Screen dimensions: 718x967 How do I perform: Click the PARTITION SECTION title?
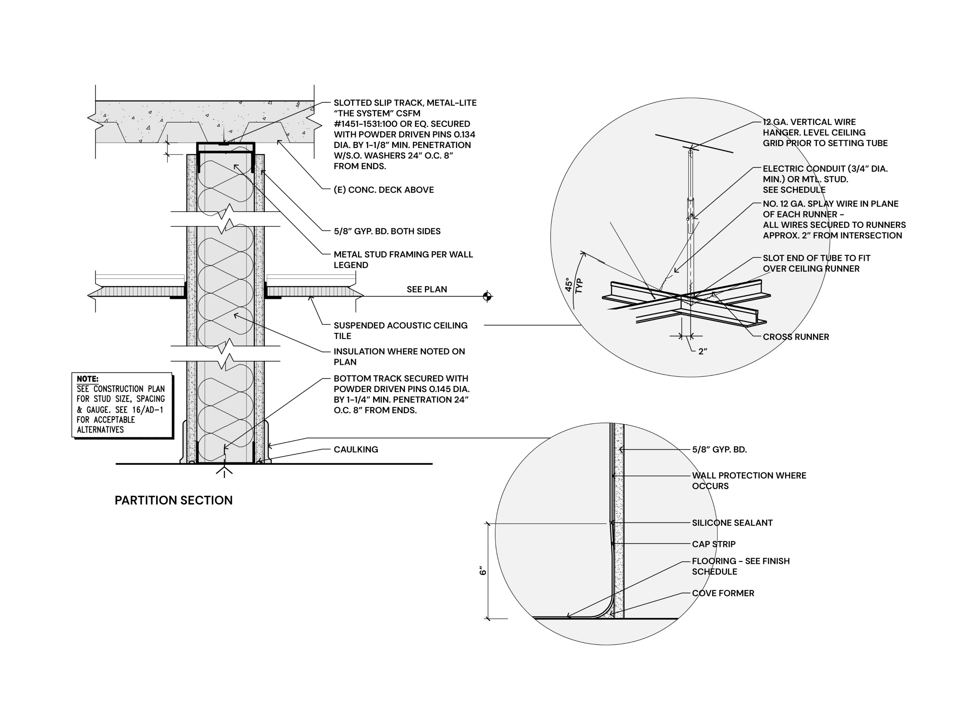click(x=174, y=500)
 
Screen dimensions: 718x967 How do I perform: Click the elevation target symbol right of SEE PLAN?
click(x=487, y=296)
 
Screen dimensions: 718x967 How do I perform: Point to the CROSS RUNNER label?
click(x=796, y=337)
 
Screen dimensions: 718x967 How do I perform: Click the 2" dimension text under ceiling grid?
click(x=703, y=352)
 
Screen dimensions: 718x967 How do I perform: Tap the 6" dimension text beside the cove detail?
click(x=482, y=571)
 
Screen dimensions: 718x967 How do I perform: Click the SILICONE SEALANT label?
click(x=732, y=523)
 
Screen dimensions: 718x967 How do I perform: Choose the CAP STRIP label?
click(x=713, y=544)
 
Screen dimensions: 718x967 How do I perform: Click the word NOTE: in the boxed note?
click(x=88, y=379)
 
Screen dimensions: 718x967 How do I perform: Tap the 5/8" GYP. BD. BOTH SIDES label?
click(x=387, y=231)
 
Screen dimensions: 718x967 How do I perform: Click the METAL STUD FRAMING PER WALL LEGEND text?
click(x=403, y=260)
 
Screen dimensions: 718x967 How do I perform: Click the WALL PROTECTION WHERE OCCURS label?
click(x=749, y=481)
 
